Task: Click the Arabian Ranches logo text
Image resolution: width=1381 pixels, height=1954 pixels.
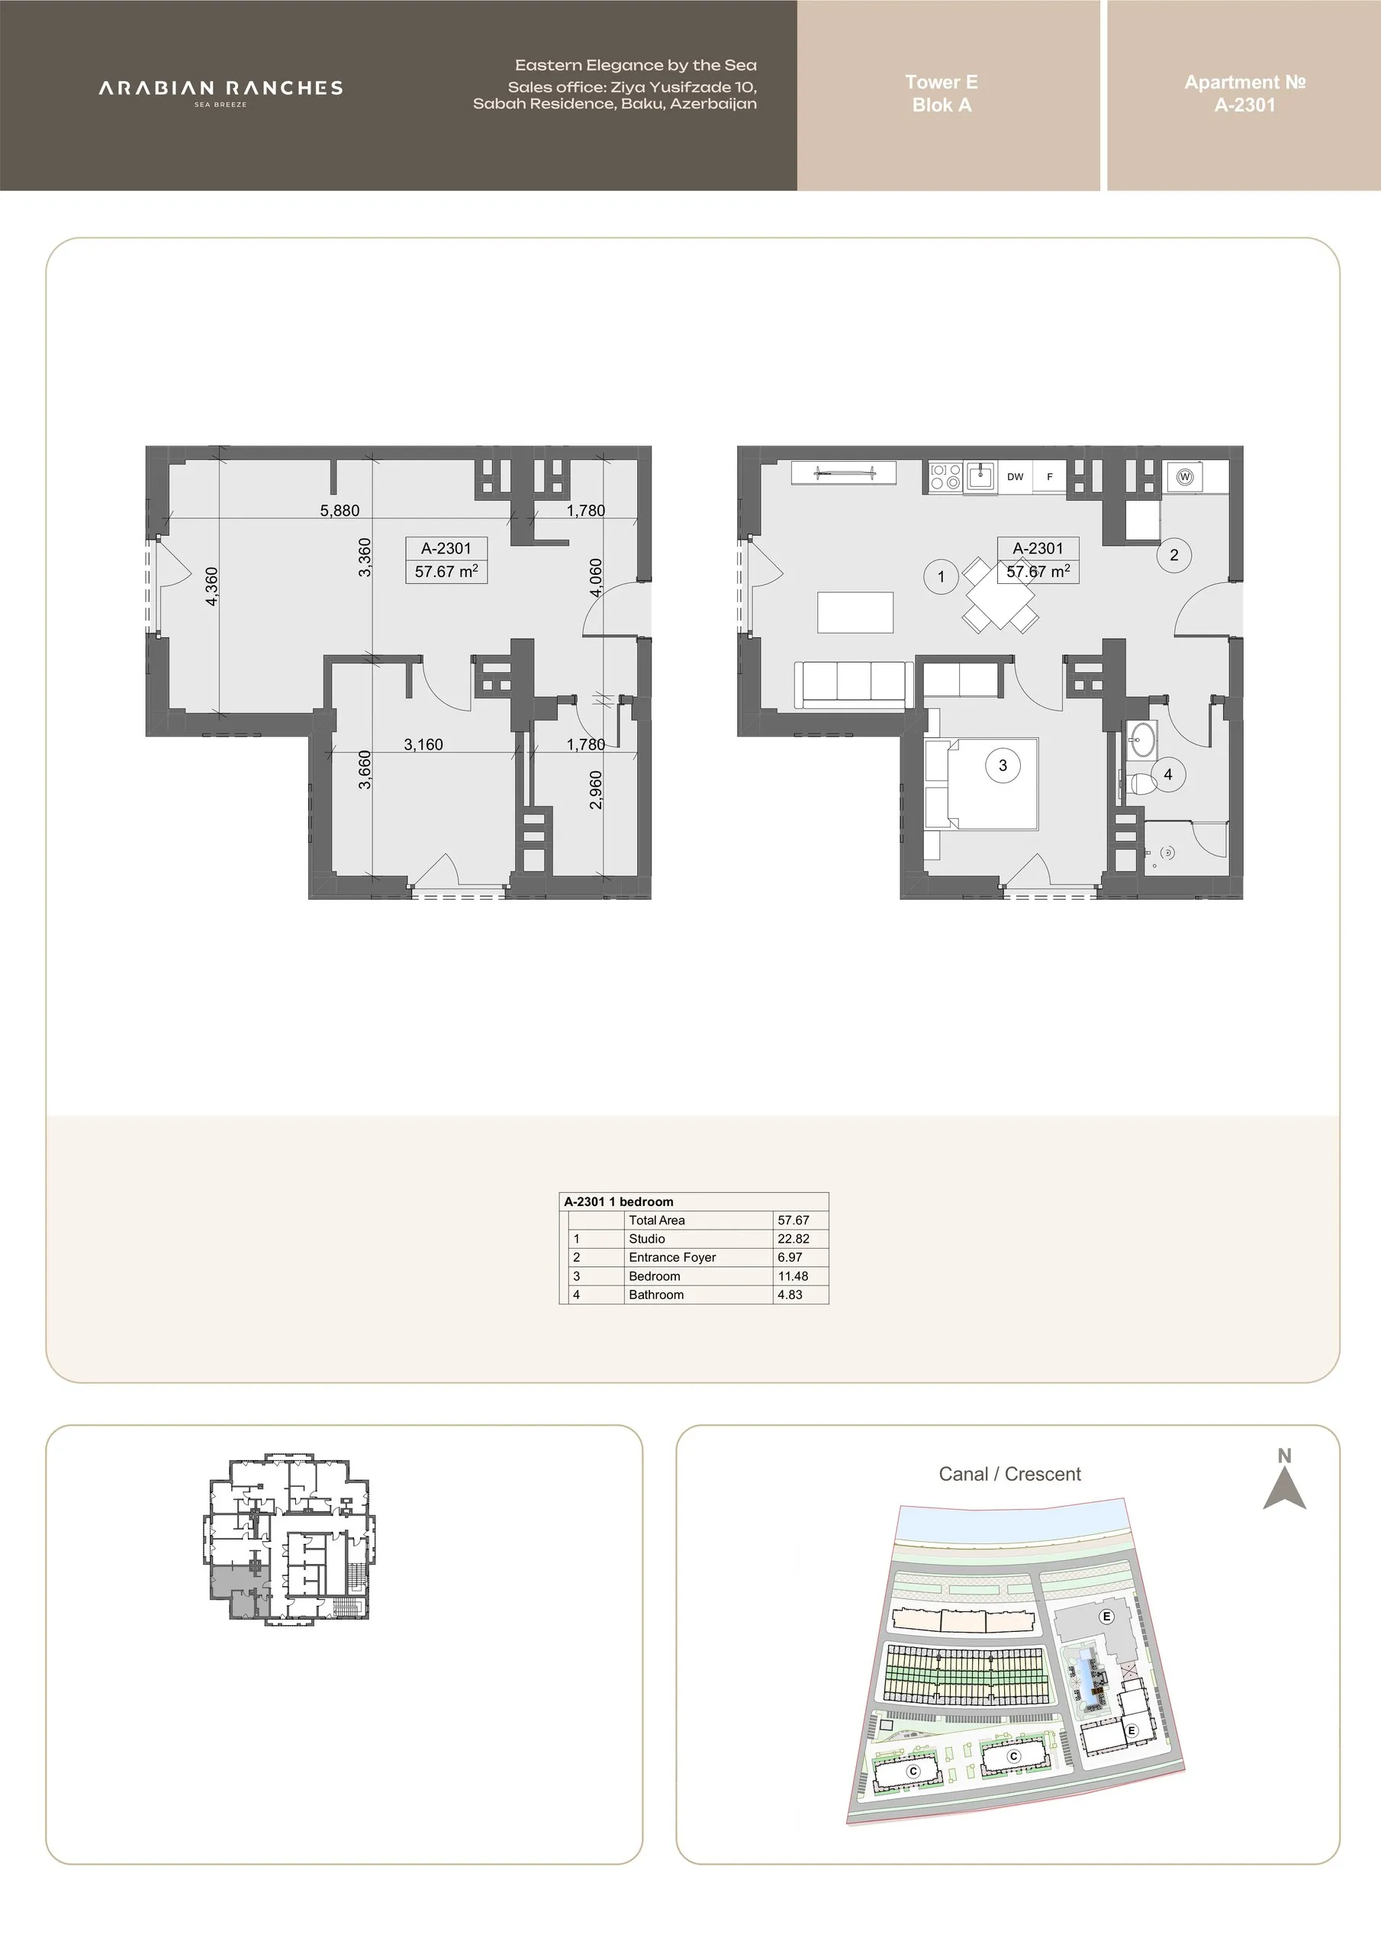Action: click(221, 89)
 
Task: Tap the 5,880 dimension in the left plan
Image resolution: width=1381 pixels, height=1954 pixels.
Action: click(340, 511)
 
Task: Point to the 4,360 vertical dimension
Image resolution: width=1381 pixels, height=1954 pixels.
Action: click(212, 586)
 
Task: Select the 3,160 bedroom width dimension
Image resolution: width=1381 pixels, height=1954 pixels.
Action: click(423, 745)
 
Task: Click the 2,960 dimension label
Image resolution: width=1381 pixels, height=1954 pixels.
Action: click(596, 790)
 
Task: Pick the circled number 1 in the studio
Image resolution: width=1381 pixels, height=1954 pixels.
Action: click(941, 577)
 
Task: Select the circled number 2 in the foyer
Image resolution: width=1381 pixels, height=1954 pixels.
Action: click(1174, 555)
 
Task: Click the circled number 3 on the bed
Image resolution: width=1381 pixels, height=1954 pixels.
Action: click(1003, 765)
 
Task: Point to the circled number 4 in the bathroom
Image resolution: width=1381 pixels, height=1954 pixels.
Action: click(1168, 775)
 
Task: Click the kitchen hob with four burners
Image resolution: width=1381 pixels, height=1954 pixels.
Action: click(945, 476)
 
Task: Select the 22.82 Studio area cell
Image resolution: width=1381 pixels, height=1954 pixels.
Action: click(793, 1239)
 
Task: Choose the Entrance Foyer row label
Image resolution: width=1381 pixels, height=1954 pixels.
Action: click(672, 1257)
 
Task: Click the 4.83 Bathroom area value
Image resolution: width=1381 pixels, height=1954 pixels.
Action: click(790, 1295)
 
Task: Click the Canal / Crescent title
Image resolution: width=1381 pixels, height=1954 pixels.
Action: click(1009, 1474)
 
